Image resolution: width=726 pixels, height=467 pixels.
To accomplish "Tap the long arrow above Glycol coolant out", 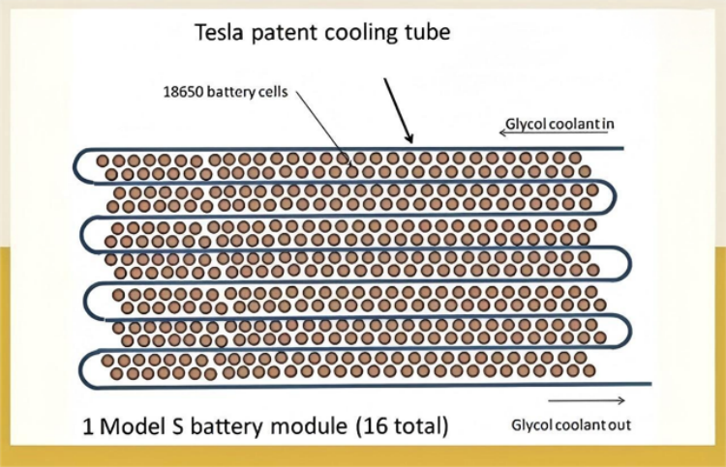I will click(586, 400).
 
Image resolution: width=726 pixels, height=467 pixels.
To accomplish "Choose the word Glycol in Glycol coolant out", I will click(532, 426).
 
